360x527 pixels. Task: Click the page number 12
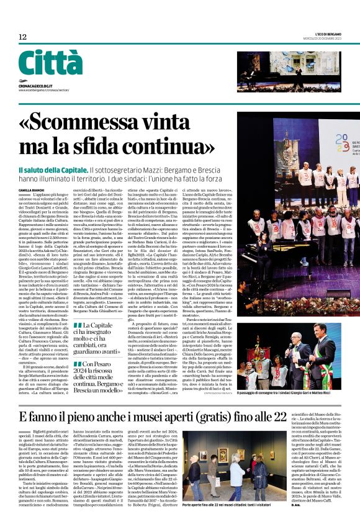(22, 37)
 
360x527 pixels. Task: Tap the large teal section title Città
(50, 63)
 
